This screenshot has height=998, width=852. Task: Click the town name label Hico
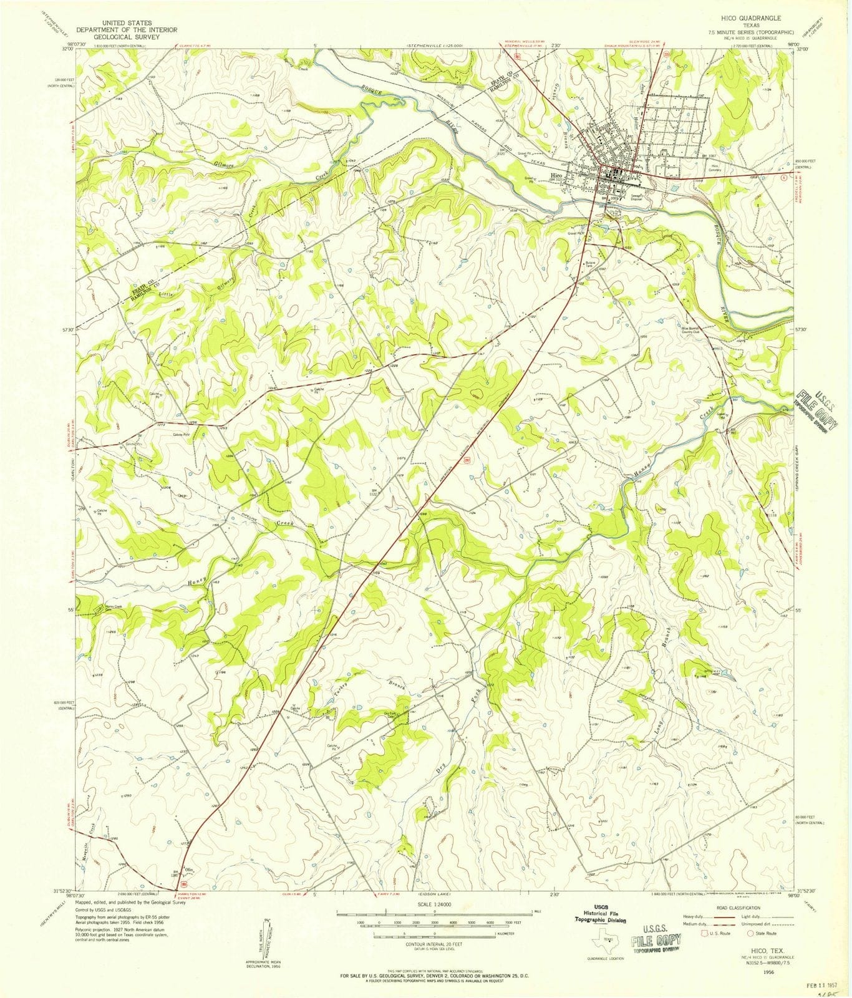557,177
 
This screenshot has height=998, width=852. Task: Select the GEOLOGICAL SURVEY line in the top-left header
127,37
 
